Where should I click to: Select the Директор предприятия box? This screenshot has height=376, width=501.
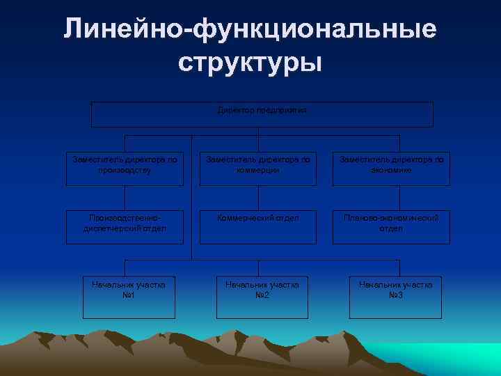(262, 115)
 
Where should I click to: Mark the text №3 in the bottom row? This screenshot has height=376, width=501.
(395, 295)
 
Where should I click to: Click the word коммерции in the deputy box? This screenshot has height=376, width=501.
(258, 169)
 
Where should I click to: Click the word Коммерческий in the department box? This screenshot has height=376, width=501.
(241, 218)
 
